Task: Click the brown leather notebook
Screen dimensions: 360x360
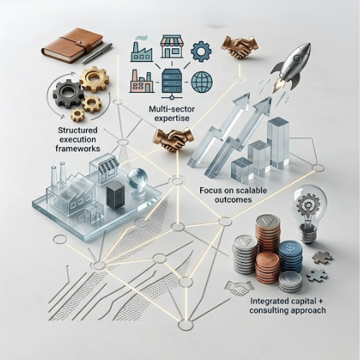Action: [x=73, y=45]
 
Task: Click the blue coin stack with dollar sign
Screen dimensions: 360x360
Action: [x=290, y=256]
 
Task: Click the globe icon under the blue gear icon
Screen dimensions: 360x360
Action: [x=202, y=81]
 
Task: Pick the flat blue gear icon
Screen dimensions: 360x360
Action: [x=201, y=51]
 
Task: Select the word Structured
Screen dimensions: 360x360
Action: [x=78, y=130]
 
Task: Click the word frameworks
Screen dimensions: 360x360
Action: [x=78, y=148]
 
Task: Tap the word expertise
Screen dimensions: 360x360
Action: [x=171, y=118]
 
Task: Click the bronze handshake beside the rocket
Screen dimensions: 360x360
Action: [x=240, y=46]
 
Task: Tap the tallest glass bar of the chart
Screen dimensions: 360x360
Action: [x=278, y=142]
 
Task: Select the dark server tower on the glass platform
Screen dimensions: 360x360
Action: [x=115, y=196]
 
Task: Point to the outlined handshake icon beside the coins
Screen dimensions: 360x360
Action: [x=238, y=287]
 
